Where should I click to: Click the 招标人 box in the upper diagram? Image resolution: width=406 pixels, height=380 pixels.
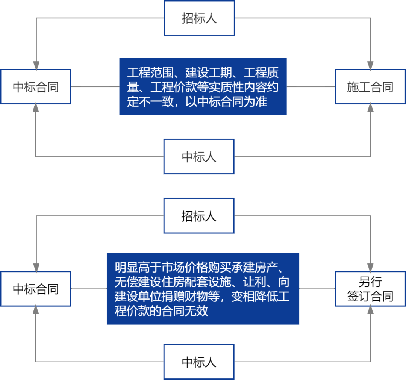199,18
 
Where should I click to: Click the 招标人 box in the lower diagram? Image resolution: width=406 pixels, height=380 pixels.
199,216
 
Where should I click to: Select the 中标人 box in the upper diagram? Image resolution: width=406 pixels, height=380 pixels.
199,156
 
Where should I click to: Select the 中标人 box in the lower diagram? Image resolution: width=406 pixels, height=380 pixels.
199,362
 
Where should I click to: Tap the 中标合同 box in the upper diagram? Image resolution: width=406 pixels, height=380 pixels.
36,87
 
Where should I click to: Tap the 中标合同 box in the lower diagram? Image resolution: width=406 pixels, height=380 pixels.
36,289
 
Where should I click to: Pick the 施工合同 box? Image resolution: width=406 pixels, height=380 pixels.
370,87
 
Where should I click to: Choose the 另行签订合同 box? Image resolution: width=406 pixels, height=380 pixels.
370,289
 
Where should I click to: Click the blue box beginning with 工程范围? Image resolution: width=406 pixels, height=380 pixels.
203,86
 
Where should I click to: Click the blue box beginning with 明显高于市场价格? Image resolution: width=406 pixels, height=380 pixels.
203,289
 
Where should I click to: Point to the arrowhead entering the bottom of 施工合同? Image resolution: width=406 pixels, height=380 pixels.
371,108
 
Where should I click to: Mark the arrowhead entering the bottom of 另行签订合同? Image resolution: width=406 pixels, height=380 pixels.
371,310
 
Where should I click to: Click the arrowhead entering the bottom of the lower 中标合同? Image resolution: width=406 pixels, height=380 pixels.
36,310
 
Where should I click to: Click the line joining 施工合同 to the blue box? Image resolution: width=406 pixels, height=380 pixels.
311,87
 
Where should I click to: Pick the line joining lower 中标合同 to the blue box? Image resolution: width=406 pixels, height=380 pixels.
89,289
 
